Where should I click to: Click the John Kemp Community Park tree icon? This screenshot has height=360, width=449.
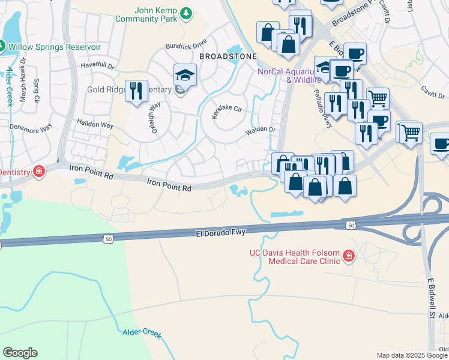tap(187, 13)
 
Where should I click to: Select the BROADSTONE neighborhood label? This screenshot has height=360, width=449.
tap(228, 56)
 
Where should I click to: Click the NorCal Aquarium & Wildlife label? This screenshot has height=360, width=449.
tap(286, 75)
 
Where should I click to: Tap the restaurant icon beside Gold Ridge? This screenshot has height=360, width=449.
tap(136, 92)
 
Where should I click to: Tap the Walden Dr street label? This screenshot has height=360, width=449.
tap(260, 130)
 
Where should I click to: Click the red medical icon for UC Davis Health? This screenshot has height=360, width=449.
tap(348, 257)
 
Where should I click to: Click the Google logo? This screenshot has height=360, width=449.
tap(20, 353)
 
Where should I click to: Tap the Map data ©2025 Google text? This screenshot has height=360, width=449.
tap(412, 355)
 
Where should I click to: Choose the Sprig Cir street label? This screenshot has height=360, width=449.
tap(37, 89)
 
